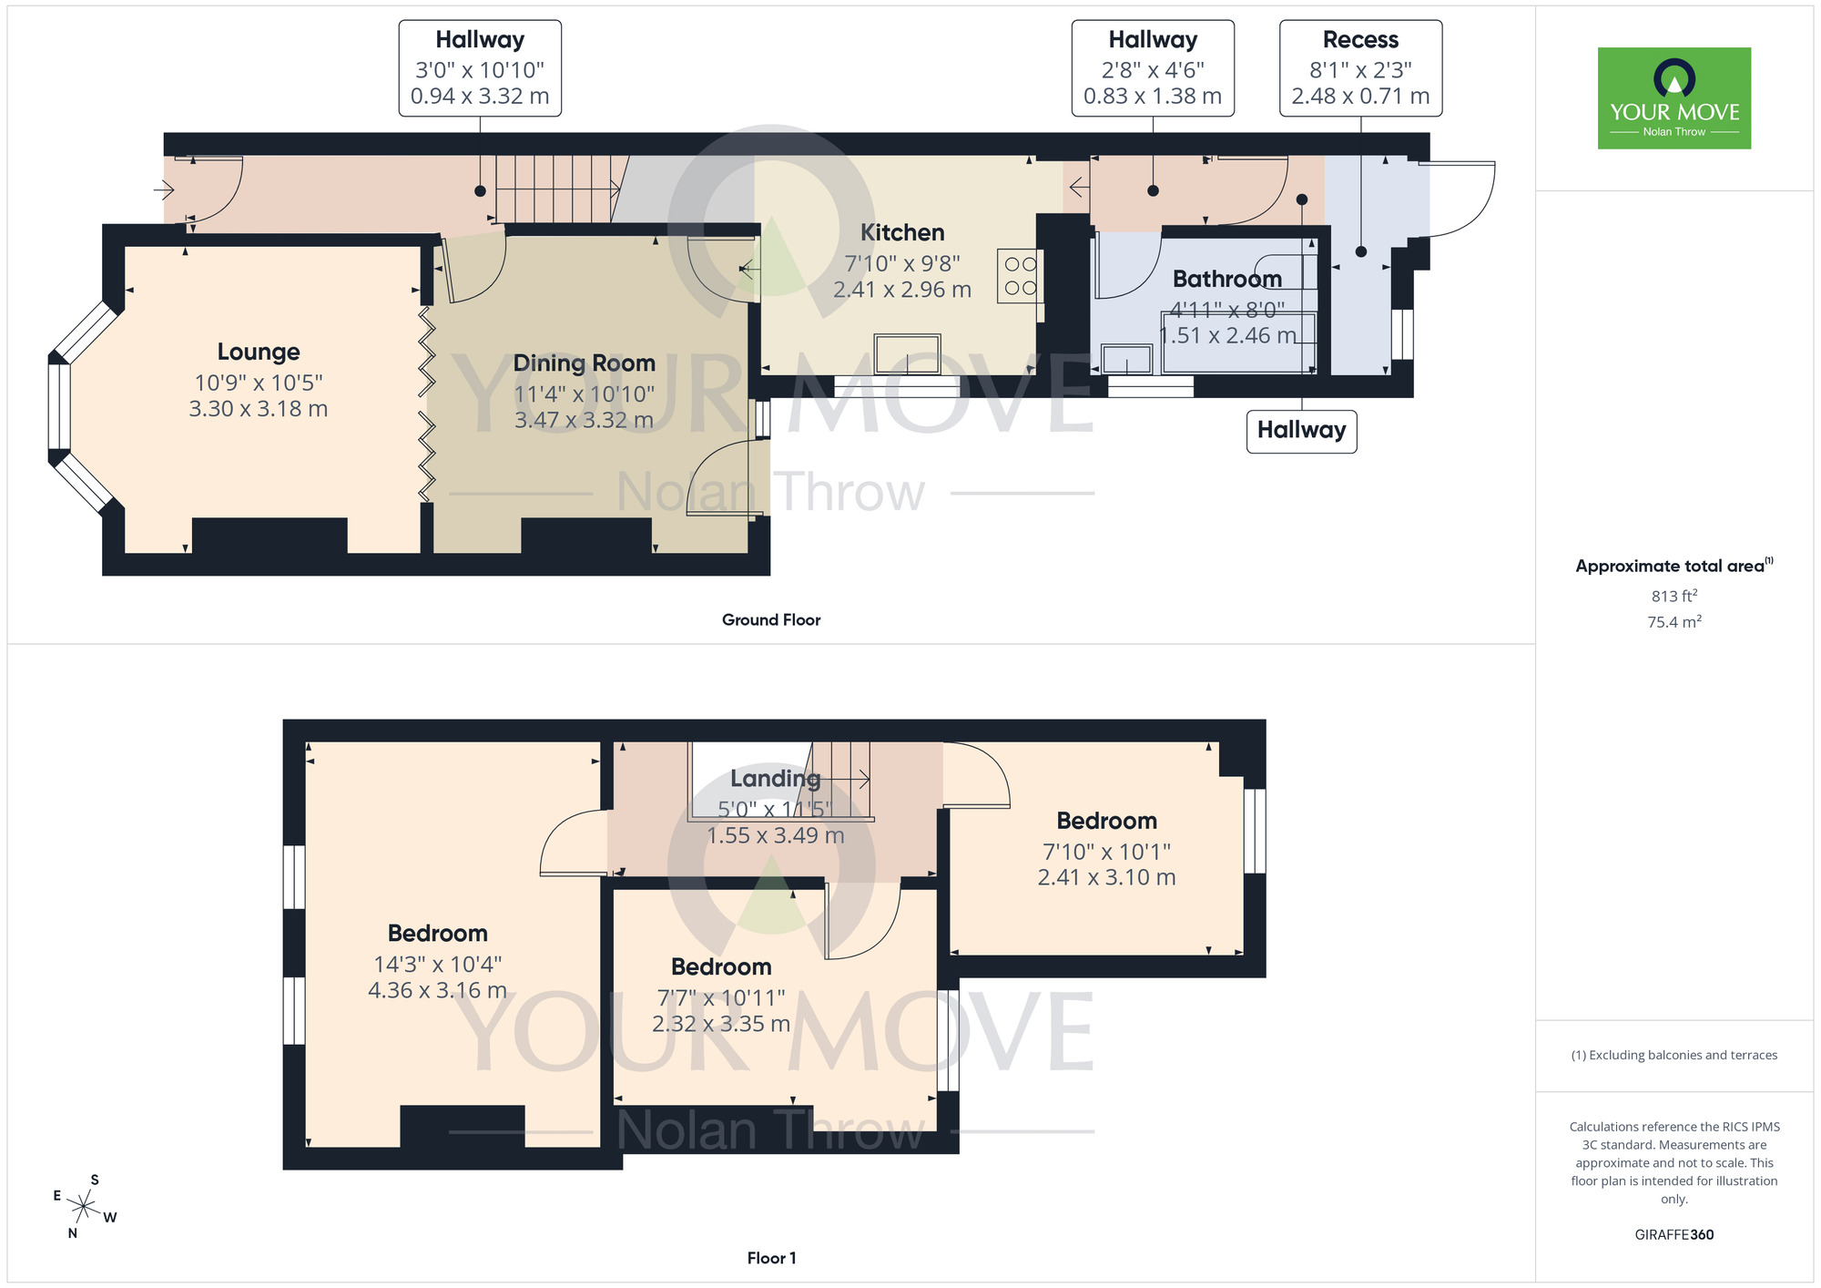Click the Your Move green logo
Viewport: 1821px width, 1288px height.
tap(1673, 98)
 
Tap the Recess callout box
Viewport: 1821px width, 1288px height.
tap(1360, 68)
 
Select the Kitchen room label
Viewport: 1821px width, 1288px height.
tap(902, 233)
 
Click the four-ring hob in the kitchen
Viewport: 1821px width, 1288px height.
tap(1020, 276)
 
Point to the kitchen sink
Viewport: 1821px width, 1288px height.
tap(907, 353)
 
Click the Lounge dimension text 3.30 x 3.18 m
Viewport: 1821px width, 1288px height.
tap(259, 409)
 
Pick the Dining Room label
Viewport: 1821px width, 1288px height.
tap(584, 363)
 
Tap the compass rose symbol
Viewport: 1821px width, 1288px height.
tap(84, 1208)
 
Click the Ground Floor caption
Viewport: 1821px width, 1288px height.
tap(771, 620)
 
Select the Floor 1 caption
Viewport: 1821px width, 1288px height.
tap(771, 1258)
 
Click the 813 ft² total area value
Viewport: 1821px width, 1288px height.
tap(1673, 596)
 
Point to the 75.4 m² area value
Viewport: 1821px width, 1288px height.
tap(1673, 622)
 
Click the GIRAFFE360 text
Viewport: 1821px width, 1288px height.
tap(1673, 1235)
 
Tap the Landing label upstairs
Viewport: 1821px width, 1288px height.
tap(775, 779)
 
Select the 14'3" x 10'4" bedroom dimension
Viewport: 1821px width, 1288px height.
tap(437, 964)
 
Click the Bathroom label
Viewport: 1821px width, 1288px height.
tap(1226, 279)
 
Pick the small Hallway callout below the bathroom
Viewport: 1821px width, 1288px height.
tap(1301, 431)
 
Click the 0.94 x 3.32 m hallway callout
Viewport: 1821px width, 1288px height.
tap(480, 96)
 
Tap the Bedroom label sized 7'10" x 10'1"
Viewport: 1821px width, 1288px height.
tap(1106, 822)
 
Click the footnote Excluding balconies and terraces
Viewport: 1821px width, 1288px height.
tap(1673, 1055)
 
